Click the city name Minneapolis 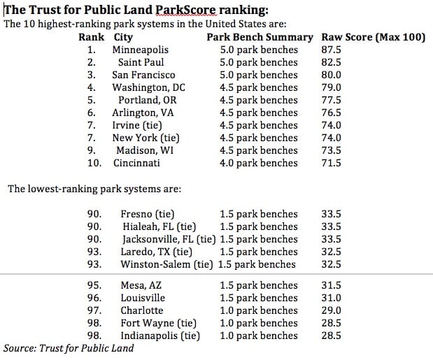140,50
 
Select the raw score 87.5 332,50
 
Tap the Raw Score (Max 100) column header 373,37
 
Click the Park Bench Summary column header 260,37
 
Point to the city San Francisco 143,75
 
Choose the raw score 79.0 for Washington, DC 332,87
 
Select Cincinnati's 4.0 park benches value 259,163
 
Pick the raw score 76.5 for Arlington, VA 332,113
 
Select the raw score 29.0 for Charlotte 330,310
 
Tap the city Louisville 143,298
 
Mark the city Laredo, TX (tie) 156,252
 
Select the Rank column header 92,37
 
